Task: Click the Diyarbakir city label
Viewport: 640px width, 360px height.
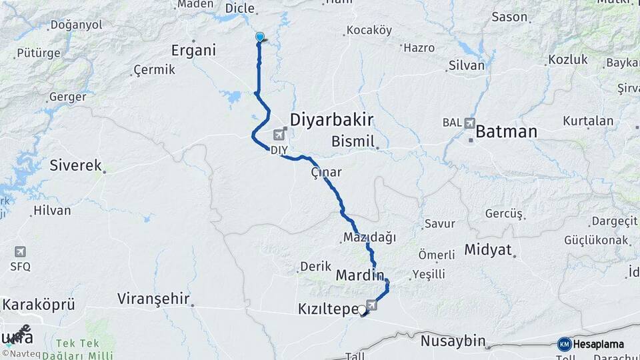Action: [331, 120]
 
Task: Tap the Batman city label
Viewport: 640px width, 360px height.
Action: [505, 131]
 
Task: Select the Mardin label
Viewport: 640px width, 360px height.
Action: [360, 275]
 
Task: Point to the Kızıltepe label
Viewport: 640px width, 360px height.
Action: [327, 309]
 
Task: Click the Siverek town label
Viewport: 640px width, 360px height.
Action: [75, 165]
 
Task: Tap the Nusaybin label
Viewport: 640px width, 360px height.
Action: [453, 341]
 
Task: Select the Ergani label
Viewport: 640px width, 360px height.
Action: [194, 51]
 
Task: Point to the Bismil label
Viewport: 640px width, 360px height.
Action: [354, 141]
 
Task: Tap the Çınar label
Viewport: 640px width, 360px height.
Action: [326, 172]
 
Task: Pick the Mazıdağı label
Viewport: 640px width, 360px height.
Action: [369, 237]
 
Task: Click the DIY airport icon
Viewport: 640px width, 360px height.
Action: [277, 137]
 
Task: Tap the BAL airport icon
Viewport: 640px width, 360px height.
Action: [471, 123]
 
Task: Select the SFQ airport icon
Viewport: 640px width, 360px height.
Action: [20, 251]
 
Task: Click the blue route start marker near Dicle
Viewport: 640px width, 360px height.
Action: [259, 37]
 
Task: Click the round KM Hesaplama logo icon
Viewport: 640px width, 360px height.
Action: [565, 344]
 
